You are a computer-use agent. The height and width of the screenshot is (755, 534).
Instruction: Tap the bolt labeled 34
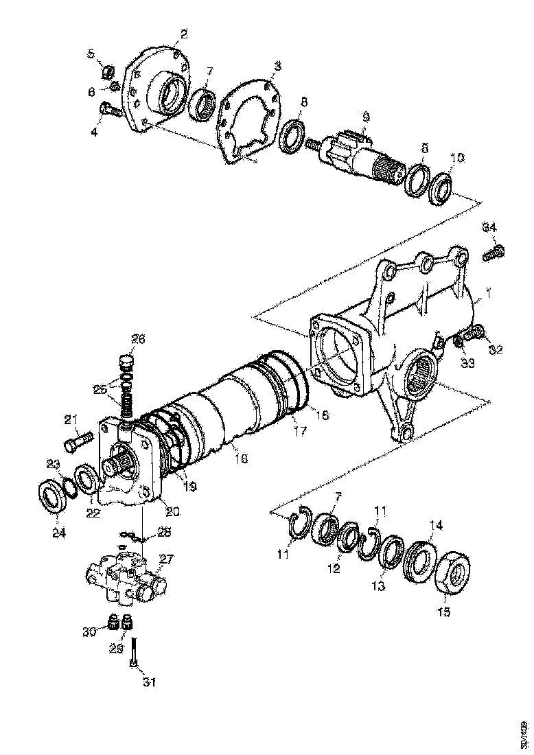[x=494, y=252]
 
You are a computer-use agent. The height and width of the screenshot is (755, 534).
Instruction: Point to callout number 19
[x=189, y=486]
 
